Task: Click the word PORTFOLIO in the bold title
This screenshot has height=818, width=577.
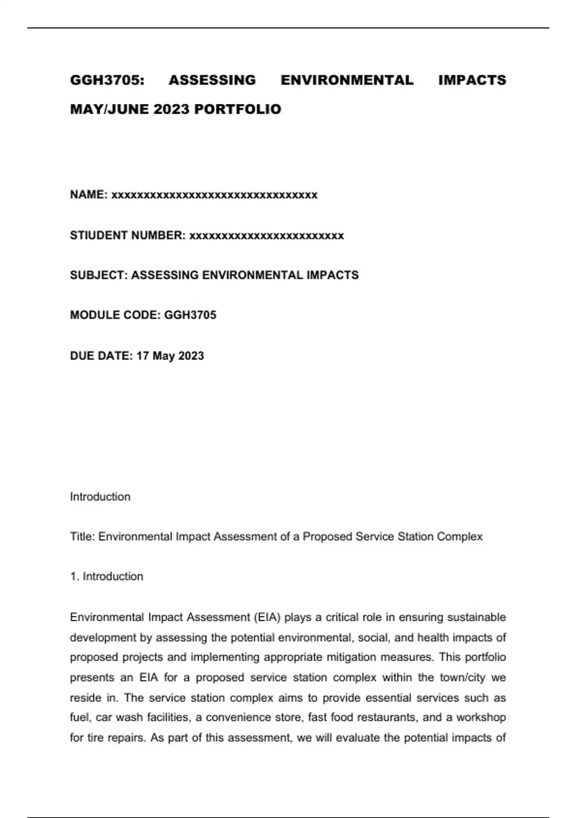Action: (238, 109)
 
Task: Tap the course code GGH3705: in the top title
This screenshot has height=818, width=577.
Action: (107, 80)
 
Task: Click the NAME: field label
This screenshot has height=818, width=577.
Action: (89, 194)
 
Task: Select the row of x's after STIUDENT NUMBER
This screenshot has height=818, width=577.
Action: (267, 236)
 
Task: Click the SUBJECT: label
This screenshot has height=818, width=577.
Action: (99, 275)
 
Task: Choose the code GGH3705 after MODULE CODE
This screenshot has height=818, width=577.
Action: (190, 315)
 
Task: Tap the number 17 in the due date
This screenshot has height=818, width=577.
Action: (143, 356)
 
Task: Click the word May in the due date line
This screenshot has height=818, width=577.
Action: (163, 356)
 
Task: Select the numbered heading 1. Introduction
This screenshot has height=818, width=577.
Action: (107, 576)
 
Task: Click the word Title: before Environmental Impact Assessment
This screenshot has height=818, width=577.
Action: (83, 537)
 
